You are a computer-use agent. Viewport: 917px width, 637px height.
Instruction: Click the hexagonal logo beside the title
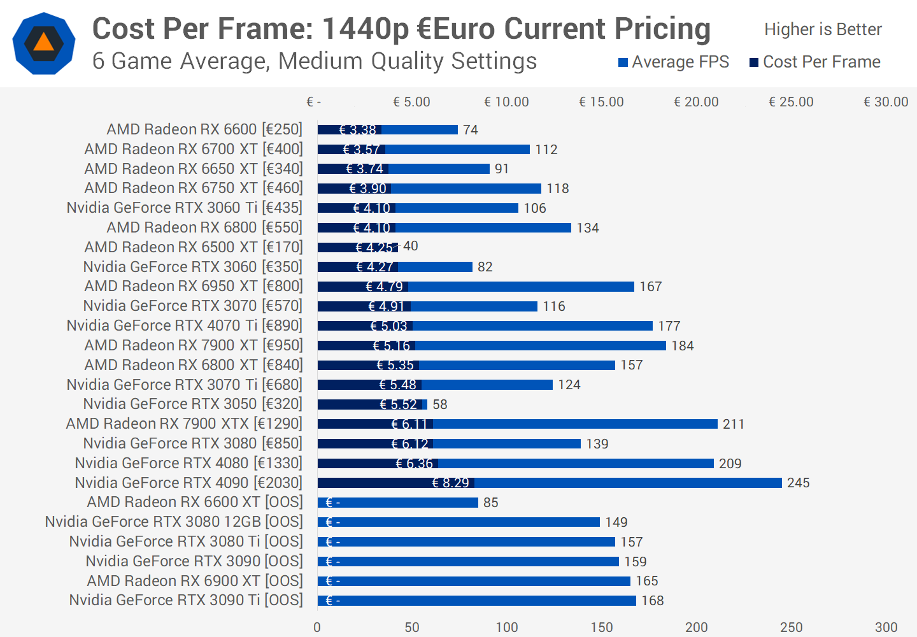(x=44, y=43)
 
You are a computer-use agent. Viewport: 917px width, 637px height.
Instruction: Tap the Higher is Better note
(x=823, y=29)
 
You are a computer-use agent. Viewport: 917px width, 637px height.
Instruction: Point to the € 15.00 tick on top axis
(x=601, y=102)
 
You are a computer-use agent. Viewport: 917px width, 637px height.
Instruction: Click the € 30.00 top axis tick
(x=886, y=102)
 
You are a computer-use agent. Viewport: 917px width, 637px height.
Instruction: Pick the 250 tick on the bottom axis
(x=792, y=627)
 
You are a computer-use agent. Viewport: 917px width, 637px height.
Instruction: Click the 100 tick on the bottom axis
(x=507, y=627)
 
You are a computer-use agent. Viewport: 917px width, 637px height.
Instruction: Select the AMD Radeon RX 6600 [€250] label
(x=204, y=129)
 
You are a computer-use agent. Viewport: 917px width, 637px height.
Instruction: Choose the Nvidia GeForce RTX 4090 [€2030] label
(x=188, y=483)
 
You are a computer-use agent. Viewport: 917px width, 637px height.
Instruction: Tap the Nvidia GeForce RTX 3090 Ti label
(x=186, y=600)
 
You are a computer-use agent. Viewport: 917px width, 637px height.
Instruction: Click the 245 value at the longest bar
(x=798, y=483)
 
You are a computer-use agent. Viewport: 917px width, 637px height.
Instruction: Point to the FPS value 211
(x=734, y=424)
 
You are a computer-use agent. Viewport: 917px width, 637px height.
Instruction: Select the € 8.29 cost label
(x=450, y=483)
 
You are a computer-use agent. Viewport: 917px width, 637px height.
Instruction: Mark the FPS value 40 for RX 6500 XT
(x=411, y=246)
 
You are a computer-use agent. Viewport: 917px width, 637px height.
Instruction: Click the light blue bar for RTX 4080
(x=573, y=464)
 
